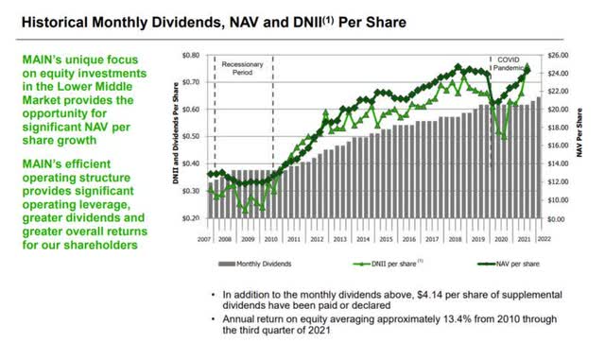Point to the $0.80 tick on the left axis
[x=191, y=56]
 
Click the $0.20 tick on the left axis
[x=191, y=218]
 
